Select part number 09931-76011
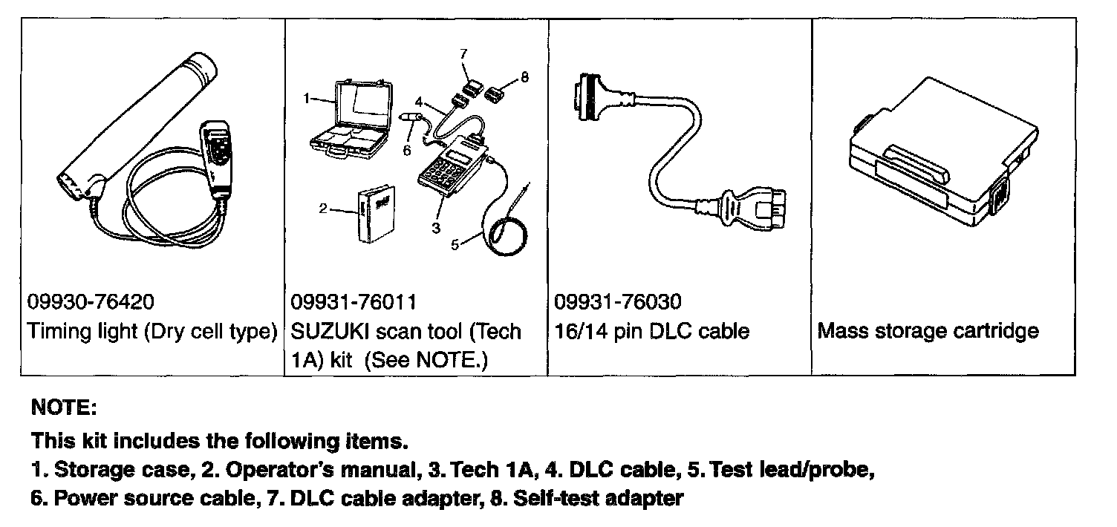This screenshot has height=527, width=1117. pyautogui.click(x=355, y=302)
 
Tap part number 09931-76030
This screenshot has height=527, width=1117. pyautogui.click(x=618, y=302)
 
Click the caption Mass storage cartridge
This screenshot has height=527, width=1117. pyautogui.click(x=928, y=331)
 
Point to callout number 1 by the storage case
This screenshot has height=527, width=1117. pyautogui.click(x=305, y=97)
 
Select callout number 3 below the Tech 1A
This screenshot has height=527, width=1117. pyautogui.click(x=437, y=227)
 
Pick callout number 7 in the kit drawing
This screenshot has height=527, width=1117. pyautogui.click(x=463, y=53)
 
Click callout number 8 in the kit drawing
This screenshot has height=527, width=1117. pyautogui.click(x=524, y=76)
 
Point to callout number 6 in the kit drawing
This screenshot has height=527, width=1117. pyautogui.click(x=406, y=150)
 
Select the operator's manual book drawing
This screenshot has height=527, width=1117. pyautogui.click(x=374, y=215)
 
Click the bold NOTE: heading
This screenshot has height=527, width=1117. pyautogui.click(x=64, y=407)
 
